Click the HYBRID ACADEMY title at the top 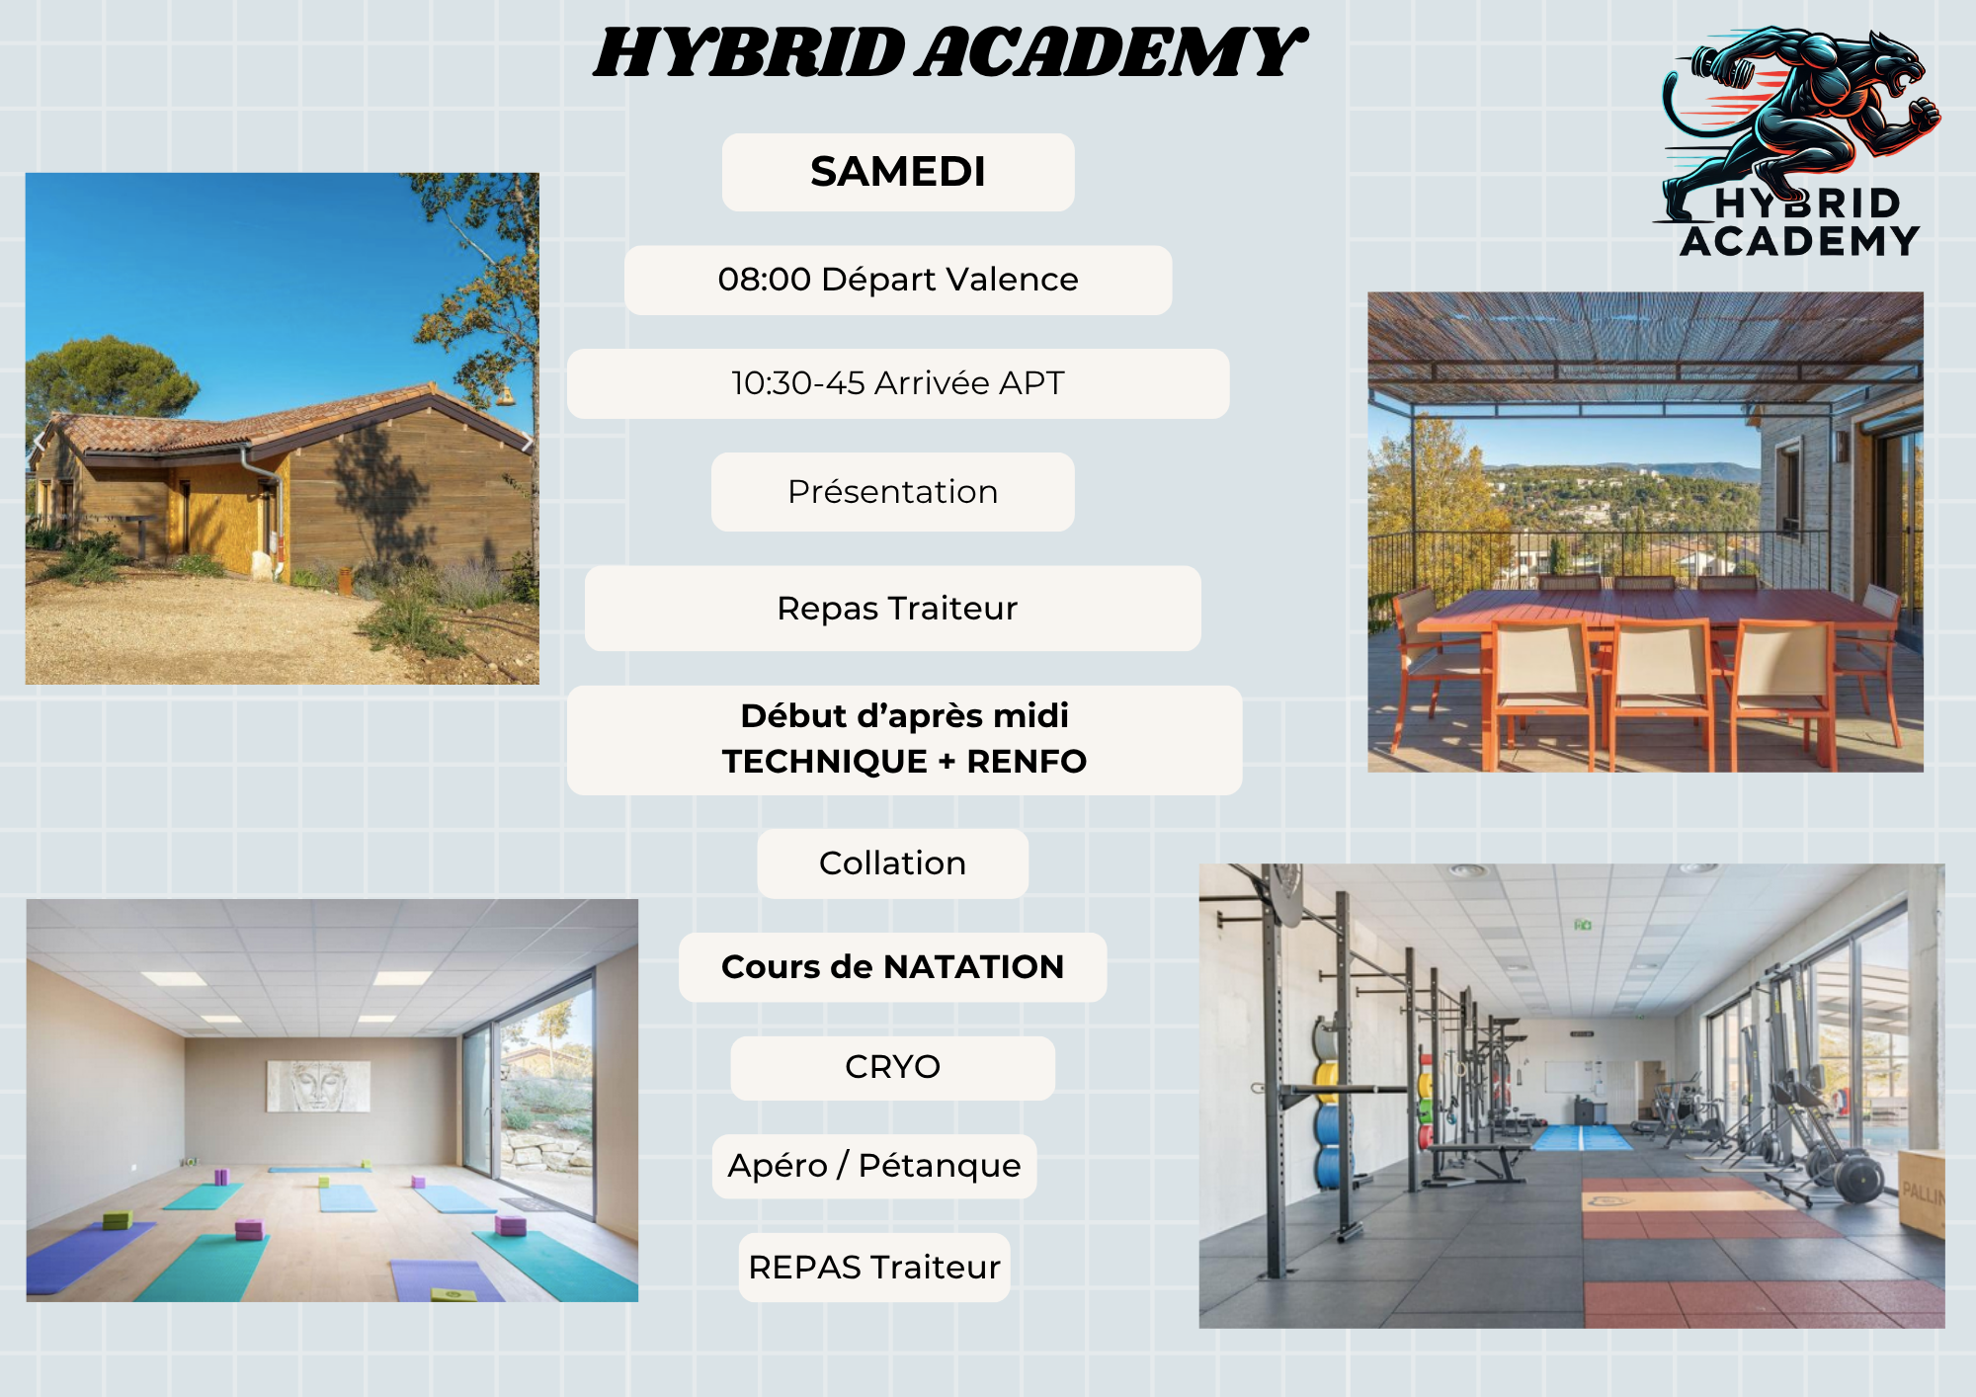coord(950,53)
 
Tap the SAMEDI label coord(898,172)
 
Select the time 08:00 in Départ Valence coord(765,280)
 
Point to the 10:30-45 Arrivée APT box coord(898,383)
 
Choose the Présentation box coord(893,492)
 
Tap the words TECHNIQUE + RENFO coord(904,762)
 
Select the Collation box coord(893,863)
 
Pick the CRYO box coord(893,1068)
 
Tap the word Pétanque coord(940,1166)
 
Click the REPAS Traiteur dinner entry coord(874,1268)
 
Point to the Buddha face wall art coord(318,1087)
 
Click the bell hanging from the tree coord(505,396)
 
